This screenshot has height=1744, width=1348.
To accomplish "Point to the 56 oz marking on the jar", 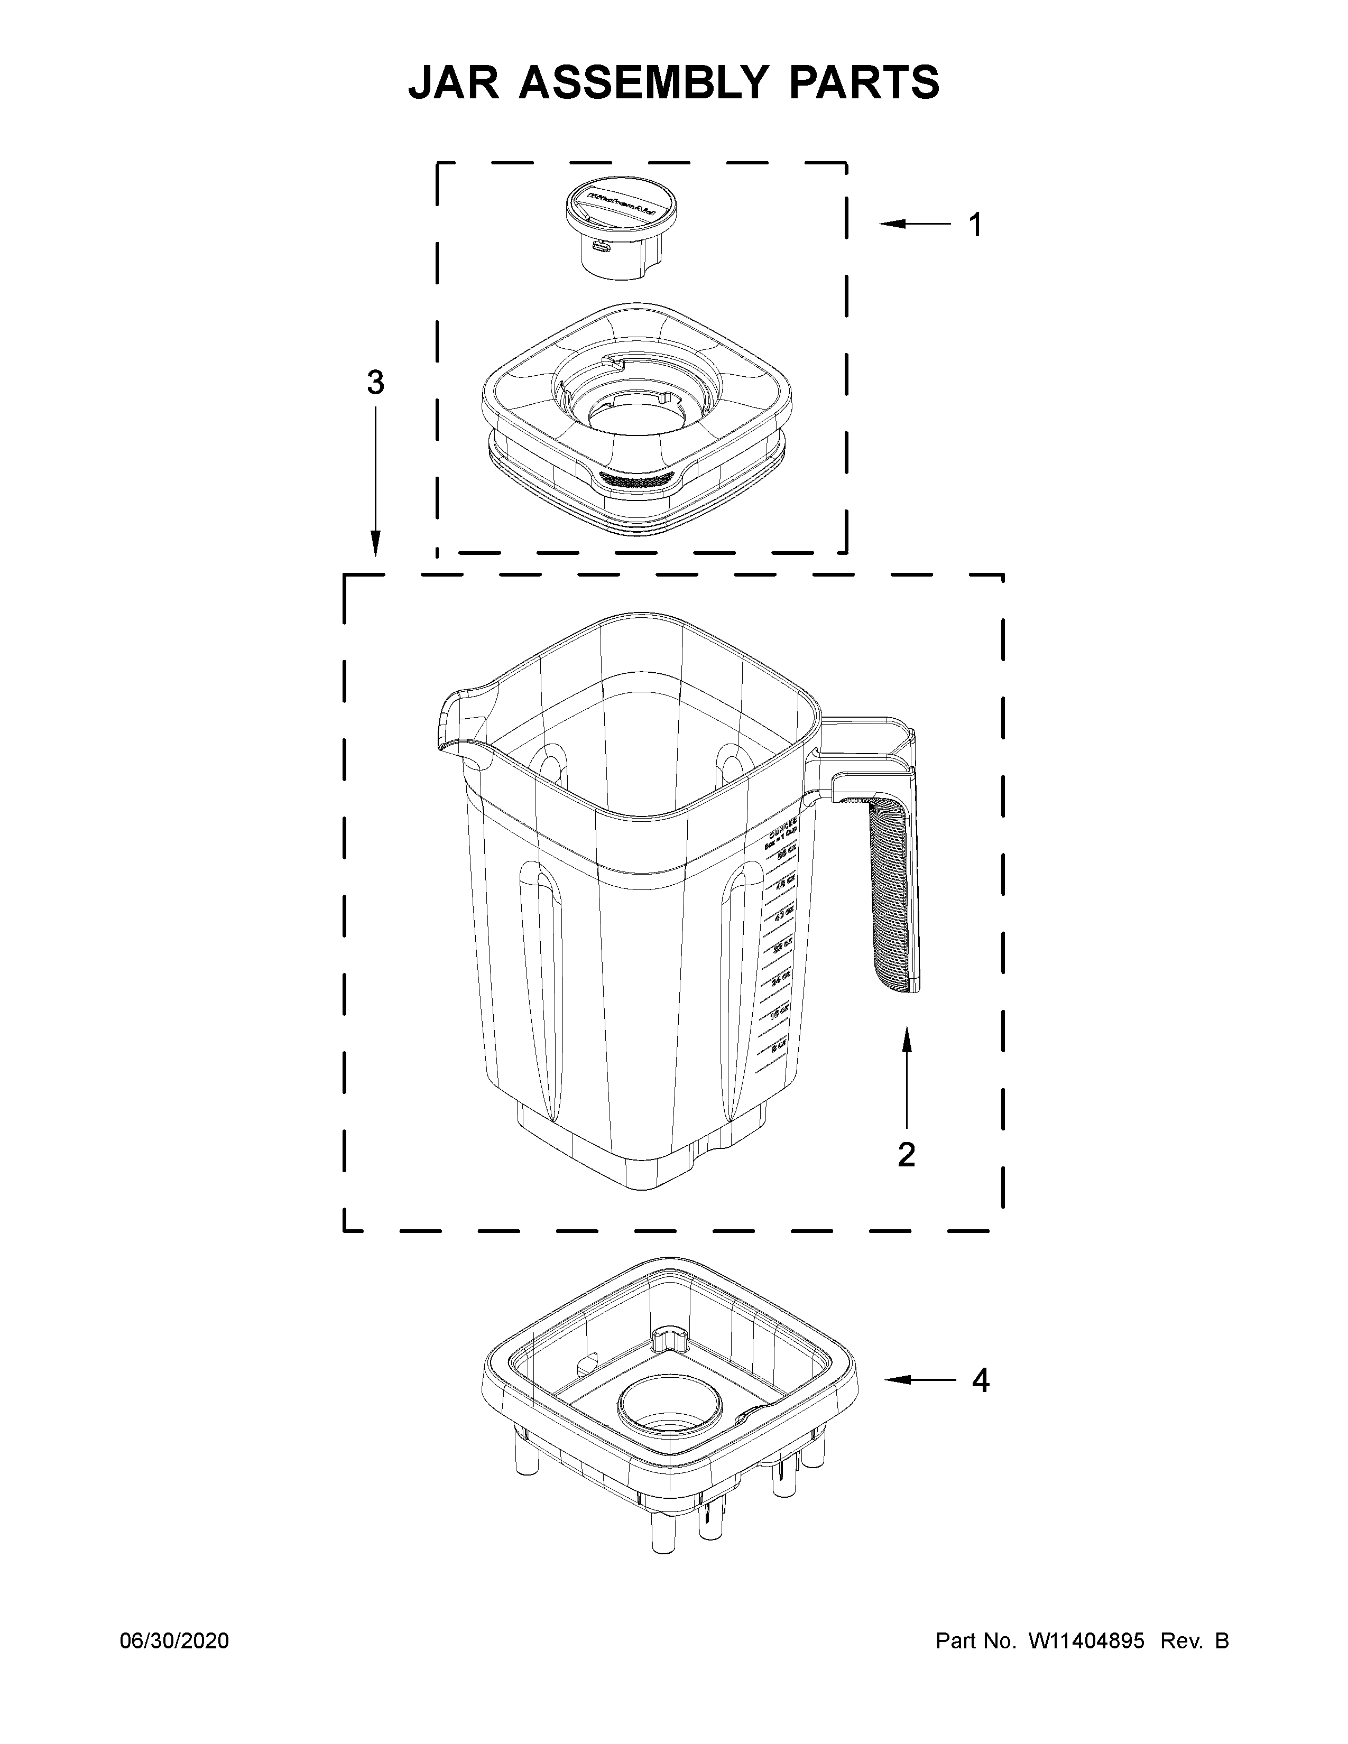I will click(787, 854).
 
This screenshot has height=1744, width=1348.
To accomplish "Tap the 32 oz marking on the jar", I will click(782, 947).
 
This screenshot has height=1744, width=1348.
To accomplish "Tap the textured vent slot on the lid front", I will click(636, 480).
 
